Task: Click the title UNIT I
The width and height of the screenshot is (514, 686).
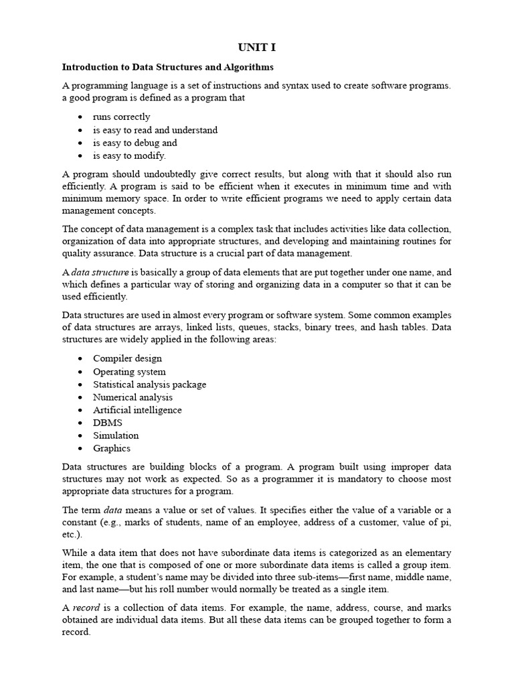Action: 257,48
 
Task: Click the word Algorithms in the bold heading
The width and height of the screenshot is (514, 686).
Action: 247,67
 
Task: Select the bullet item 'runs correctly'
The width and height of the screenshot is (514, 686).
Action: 121,117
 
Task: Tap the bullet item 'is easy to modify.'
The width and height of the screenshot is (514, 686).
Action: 129,155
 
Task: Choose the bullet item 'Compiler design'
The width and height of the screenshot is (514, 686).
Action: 127,358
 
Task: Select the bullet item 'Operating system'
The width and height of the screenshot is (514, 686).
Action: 129,371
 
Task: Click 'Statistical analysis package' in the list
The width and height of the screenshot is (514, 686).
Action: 149,385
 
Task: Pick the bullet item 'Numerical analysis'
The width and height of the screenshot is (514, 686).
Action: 133,397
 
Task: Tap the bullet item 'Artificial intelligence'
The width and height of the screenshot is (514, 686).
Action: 137,410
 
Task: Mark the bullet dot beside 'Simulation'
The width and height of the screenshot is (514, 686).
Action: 80,436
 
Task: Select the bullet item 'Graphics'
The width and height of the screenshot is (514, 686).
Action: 112,448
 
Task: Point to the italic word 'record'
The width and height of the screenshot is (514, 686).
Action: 85,608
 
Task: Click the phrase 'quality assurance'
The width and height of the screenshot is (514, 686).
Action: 96,253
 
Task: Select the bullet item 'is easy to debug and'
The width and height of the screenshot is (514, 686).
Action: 135,143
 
